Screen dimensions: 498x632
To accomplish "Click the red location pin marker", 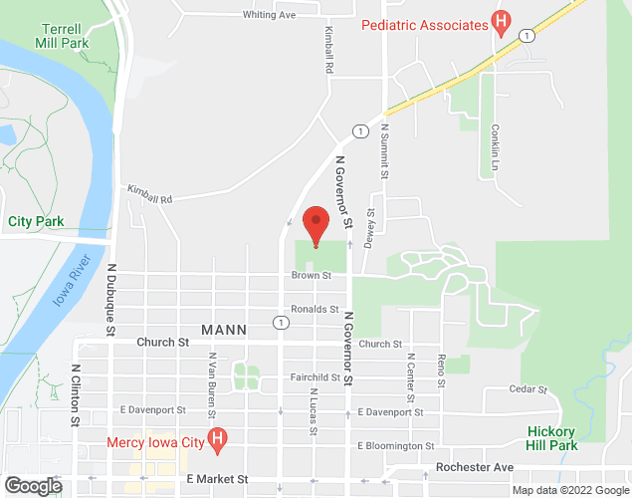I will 316,223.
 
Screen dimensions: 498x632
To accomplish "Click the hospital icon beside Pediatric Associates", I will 501,22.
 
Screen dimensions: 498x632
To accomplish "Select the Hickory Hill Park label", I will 552,438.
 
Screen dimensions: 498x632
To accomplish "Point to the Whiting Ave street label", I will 270,15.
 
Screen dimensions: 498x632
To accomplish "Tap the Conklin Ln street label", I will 495,147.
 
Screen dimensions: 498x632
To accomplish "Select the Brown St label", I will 304,275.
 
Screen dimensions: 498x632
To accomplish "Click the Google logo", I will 32,486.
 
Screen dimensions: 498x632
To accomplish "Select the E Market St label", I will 217,479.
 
